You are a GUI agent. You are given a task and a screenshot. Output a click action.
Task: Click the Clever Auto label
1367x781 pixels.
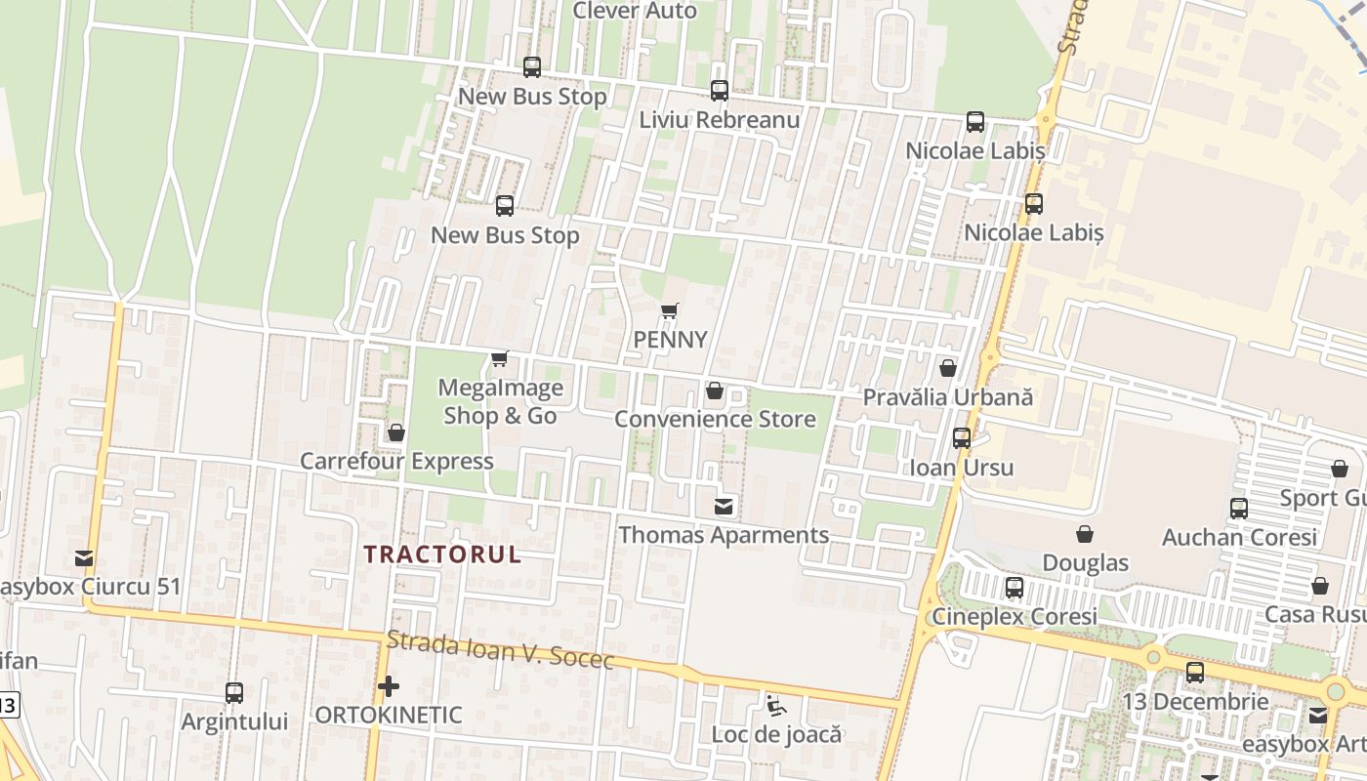pos(635,11)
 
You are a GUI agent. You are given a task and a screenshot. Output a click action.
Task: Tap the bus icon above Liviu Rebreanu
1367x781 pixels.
pos(720,91)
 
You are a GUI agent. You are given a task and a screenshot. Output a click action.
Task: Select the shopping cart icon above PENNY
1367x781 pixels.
pos(669,311)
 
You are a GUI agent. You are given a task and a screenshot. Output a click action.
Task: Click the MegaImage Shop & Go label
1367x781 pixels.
pos(501,402)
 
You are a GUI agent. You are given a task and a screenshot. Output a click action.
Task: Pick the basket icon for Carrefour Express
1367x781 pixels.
pos(396,432)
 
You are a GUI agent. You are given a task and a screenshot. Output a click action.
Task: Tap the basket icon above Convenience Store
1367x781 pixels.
pos(715,391)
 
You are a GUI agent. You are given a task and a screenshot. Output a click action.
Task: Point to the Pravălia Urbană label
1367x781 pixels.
pos(947,398)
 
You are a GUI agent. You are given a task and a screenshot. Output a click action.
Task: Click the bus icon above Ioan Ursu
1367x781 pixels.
pos(962,438)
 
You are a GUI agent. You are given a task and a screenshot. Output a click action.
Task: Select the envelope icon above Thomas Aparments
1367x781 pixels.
pos(724,507)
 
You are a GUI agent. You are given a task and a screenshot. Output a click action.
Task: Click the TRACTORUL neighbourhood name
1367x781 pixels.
pos(442,555)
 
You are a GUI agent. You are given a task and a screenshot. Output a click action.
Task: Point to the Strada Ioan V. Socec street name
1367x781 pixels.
pos(500,650)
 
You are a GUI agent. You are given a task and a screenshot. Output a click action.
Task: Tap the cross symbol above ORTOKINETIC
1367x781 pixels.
pos(389,686)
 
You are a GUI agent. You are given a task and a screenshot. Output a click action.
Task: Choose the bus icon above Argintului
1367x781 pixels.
pos(234,693)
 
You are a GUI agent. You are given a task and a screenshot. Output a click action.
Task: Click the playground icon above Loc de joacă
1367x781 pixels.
pos(776,706)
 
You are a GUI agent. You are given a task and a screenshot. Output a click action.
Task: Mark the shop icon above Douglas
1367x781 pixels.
pos(1085,534)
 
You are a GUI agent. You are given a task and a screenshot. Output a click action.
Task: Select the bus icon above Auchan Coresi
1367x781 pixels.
pos(1239,509)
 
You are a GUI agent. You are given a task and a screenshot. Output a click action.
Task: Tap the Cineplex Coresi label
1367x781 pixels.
pos(1015,617)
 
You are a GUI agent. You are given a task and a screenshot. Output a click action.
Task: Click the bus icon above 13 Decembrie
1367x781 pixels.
pos(1195,673)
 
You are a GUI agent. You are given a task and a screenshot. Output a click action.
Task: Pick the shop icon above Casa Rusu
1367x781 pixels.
pos(1320,586)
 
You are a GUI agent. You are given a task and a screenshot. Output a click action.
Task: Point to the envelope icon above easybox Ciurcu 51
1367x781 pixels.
pos(84,558)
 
